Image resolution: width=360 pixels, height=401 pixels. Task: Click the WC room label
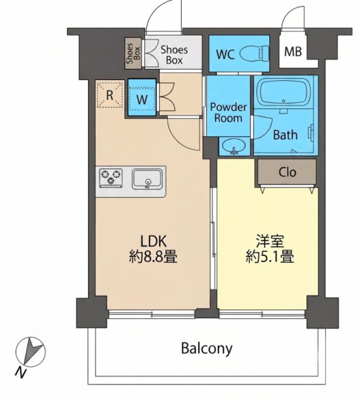(225, 54)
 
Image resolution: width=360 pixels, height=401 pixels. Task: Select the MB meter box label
(293, 51)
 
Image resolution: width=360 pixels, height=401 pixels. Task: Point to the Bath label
(285, 135)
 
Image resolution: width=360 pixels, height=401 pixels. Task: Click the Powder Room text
(228, 112)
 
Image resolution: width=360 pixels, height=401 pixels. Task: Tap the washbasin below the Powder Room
(234, 146)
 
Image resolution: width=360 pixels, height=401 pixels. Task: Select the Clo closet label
(287, 172)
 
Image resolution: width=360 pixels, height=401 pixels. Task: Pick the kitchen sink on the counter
(147, 179)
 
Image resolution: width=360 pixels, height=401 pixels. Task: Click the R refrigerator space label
(110, 95)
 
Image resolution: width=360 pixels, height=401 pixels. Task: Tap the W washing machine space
(142, 99)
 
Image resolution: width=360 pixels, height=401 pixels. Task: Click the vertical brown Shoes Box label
(133, 53)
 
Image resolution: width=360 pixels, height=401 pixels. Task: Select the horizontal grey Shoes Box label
(174, 55)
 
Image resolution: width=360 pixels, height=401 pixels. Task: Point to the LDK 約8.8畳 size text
(153, 249)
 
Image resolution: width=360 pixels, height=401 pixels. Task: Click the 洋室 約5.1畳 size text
(270, 249)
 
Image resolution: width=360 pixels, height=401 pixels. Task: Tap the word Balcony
(206, 348)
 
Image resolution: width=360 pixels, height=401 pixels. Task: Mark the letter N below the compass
(21, 373)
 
